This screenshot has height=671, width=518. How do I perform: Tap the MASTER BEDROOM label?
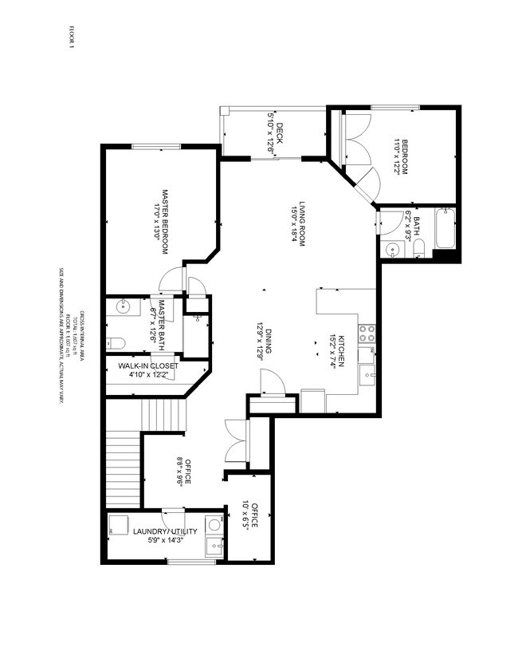pyautogui.click(x=162, y=221)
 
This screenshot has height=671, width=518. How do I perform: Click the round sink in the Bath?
pyautogui.click(x=392, y=250)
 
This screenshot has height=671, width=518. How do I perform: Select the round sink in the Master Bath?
pyautogui.click(x=124, y=306)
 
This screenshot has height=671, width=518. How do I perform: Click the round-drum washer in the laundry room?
pyautogui.click(x=213, y=525)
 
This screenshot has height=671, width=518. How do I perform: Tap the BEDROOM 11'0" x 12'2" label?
pyautogui.click(x=400, y=157)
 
